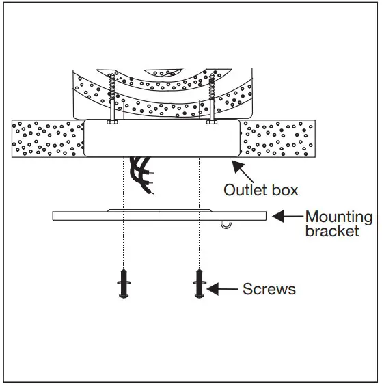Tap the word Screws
(269, 289)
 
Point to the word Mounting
(338, 217)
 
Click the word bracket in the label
(332, 232)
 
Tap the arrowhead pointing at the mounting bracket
(277, 217)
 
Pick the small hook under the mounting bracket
(228, 225)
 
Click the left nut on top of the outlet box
(111, 123)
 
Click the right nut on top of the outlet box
(210, 123)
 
